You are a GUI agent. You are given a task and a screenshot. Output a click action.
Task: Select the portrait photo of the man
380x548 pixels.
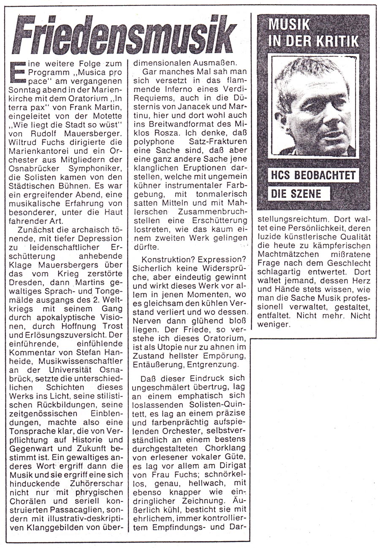tap(315, 106)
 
